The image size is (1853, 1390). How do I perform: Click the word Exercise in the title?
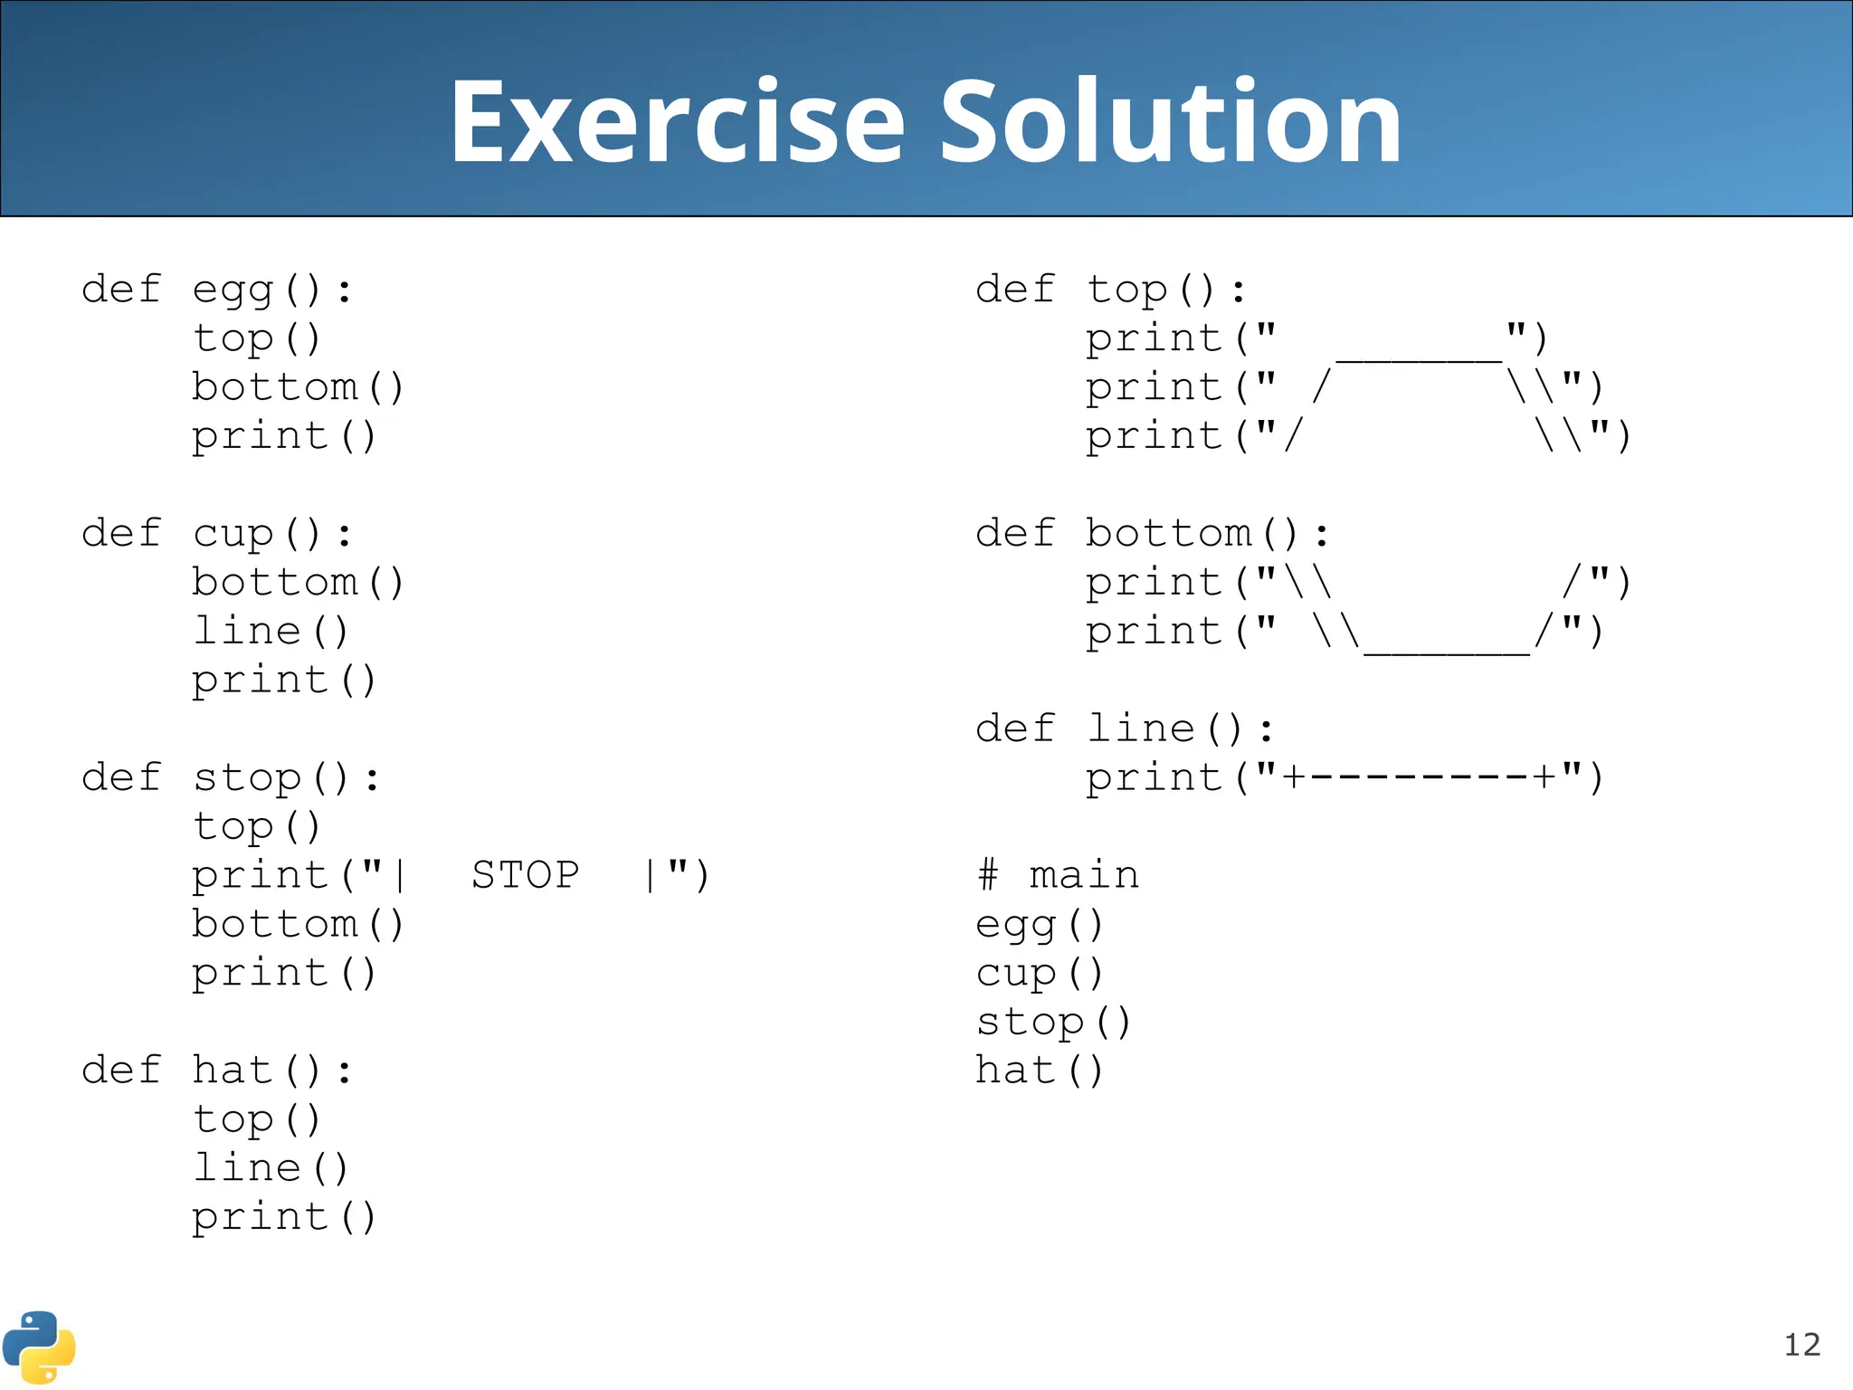pos(677,122)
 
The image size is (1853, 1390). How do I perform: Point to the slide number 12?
pos(1801,1345)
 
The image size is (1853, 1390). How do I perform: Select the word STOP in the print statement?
pos(525,875)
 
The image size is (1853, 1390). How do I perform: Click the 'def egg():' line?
pos(217,290)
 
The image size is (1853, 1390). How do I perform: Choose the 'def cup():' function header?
pos(217,534)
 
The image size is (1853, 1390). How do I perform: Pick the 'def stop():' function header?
pos(231,778)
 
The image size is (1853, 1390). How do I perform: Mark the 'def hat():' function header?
pos(217,1071)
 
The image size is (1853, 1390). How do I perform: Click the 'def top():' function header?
pos(1111,290)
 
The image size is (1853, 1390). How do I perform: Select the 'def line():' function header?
pos(1125,729)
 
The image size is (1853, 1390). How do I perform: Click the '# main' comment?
pos(1058,875)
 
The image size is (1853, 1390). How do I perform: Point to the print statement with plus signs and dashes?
pos(1345,778)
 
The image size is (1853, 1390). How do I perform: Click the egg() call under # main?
pos(1040,925)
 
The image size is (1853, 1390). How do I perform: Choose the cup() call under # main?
pos(1040,974)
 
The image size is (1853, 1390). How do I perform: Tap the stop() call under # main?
pos(1053,1023)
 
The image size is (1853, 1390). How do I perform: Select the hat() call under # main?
pos(1040,1071)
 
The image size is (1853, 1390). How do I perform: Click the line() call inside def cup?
pos(271,632)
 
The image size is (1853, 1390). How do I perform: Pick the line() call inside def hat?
pos(271,1168)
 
